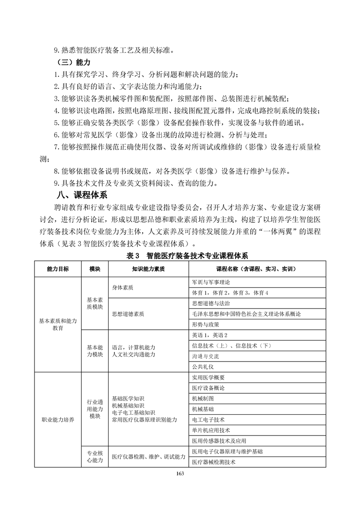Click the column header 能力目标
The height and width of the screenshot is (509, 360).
click(58, 269)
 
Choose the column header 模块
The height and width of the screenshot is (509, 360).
click(94, 269)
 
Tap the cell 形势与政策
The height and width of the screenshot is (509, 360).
click(206, 324)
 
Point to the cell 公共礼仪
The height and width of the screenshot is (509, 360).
click(202, 367)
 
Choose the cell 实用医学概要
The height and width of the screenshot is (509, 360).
click(208, 377)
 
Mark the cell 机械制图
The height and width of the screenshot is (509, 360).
click(202, 398)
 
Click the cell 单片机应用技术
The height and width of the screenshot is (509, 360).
click(211, 430)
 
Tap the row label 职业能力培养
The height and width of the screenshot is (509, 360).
click(58, 420)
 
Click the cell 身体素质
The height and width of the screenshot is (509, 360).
click(123, 288)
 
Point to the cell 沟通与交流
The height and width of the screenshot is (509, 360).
click(205, 356)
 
